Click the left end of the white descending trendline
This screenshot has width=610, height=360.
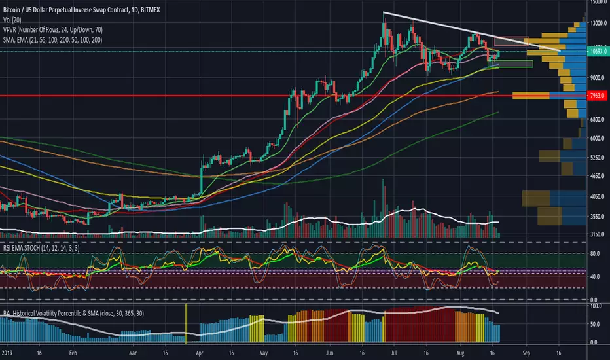coord(384,13)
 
